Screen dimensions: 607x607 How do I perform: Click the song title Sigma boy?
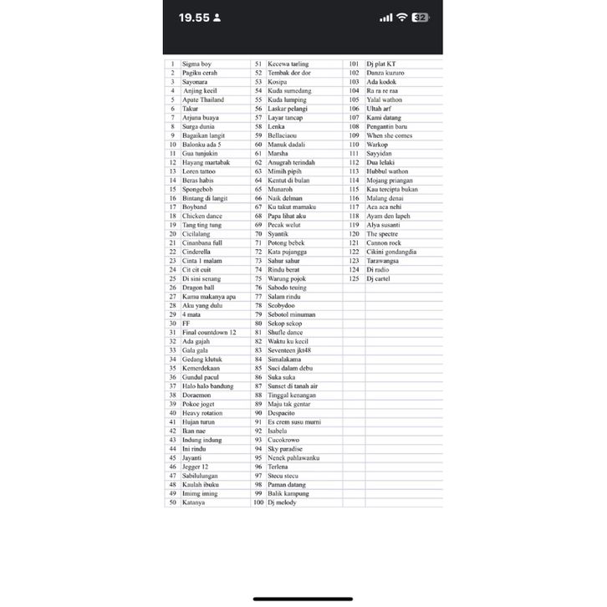(x=196, y=64)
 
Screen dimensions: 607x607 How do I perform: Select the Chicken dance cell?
(x=201, y=216)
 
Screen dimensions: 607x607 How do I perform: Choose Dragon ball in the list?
(x=198, y=288)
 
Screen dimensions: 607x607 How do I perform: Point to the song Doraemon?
(x=197, y=395)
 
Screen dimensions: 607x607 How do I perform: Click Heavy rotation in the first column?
(x=202, y=413)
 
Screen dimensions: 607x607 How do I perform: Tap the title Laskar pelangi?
(x=287, y=109)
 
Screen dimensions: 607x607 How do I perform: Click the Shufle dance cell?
(x=285, y=332)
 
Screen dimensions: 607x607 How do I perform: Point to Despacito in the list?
(x=281, y=413)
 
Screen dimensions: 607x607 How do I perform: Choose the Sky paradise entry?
(x=284, y=449)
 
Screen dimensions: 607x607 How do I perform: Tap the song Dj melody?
(x=282, y=502)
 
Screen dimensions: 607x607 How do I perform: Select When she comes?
(x=389, y=135)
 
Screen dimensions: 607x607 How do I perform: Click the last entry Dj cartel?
(x=379, y=278)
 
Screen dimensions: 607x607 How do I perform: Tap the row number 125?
(x=354, y=278)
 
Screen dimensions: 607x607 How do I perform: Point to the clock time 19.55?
(x=195, y=17)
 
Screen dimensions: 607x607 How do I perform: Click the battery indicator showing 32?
(x=421, y=17)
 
